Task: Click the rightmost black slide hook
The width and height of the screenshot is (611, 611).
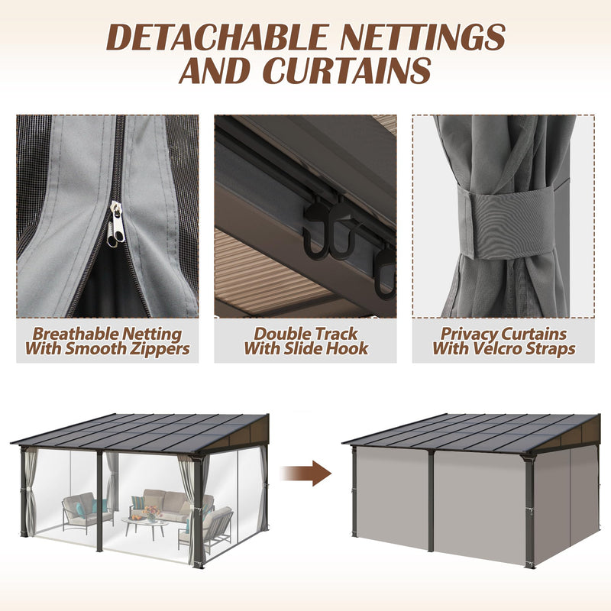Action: [x=386, y=272]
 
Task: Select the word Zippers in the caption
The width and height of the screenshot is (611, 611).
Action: [x=157, y=349]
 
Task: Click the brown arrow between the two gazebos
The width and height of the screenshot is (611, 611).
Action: [x=310, y=474]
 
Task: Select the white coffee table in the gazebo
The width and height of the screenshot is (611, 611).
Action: [x=145, y=523]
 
